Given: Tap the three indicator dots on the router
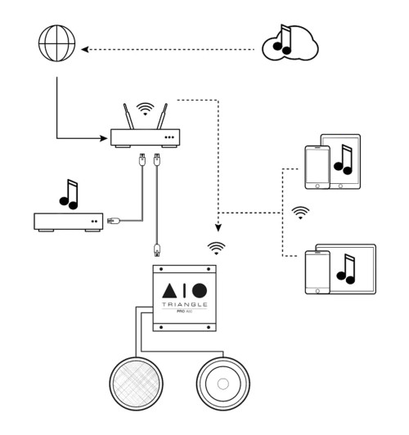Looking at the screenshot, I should tap(170, 137).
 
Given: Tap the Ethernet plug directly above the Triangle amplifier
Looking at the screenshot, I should tap(155, 249).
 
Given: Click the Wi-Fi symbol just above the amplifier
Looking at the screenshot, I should tap(218, 244).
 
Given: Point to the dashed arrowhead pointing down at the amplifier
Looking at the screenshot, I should tap(218, 230).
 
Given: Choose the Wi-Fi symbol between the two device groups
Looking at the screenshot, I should tap(301, 213).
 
